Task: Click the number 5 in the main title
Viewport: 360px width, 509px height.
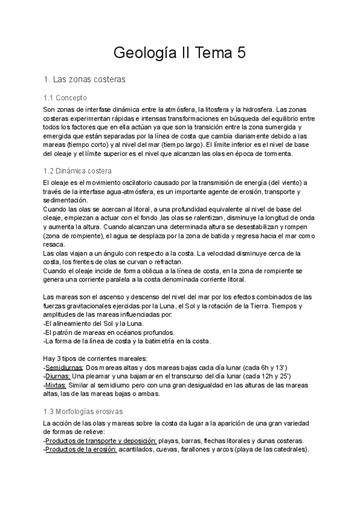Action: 241,53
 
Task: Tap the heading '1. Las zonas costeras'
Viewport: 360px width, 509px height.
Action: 85,79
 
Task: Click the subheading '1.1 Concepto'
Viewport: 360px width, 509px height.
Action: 65,97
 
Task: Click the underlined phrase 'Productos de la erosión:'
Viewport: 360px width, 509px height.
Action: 81,450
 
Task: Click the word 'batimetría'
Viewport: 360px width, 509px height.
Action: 161,342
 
